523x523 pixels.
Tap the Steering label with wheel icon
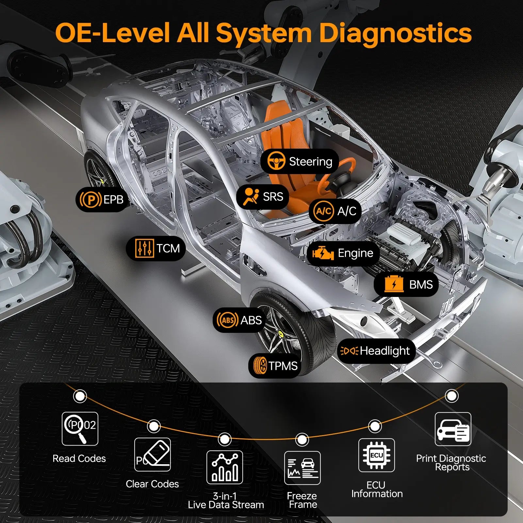[x=300, y=161]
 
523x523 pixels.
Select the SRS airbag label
[x=263, y=197]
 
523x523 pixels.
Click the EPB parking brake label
[x=102, y=199]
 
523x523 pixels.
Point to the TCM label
[x=156, y=248]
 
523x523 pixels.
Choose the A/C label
[x=335, y=211]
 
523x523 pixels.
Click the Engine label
[x=343, y=253]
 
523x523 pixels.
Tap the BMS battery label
[x=406, y=285]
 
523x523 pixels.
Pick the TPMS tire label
[x=275, y=366]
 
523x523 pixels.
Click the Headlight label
[x=376, y=351]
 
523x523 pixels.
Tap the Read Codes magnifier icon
[x=80, y=429]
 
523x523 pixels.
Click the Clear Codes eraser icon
[x=153, y=454]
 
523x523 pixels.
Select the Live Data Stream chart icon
[x=225, y=467]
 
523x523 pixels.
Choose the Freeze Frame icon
[x=302, y=468]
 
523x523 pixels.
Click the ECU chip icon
[x=376, y=455]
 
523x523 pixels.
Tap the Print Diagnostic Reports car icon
[x=453, y=429]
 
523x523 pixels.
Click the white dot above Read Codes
[x=80, y=396]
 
